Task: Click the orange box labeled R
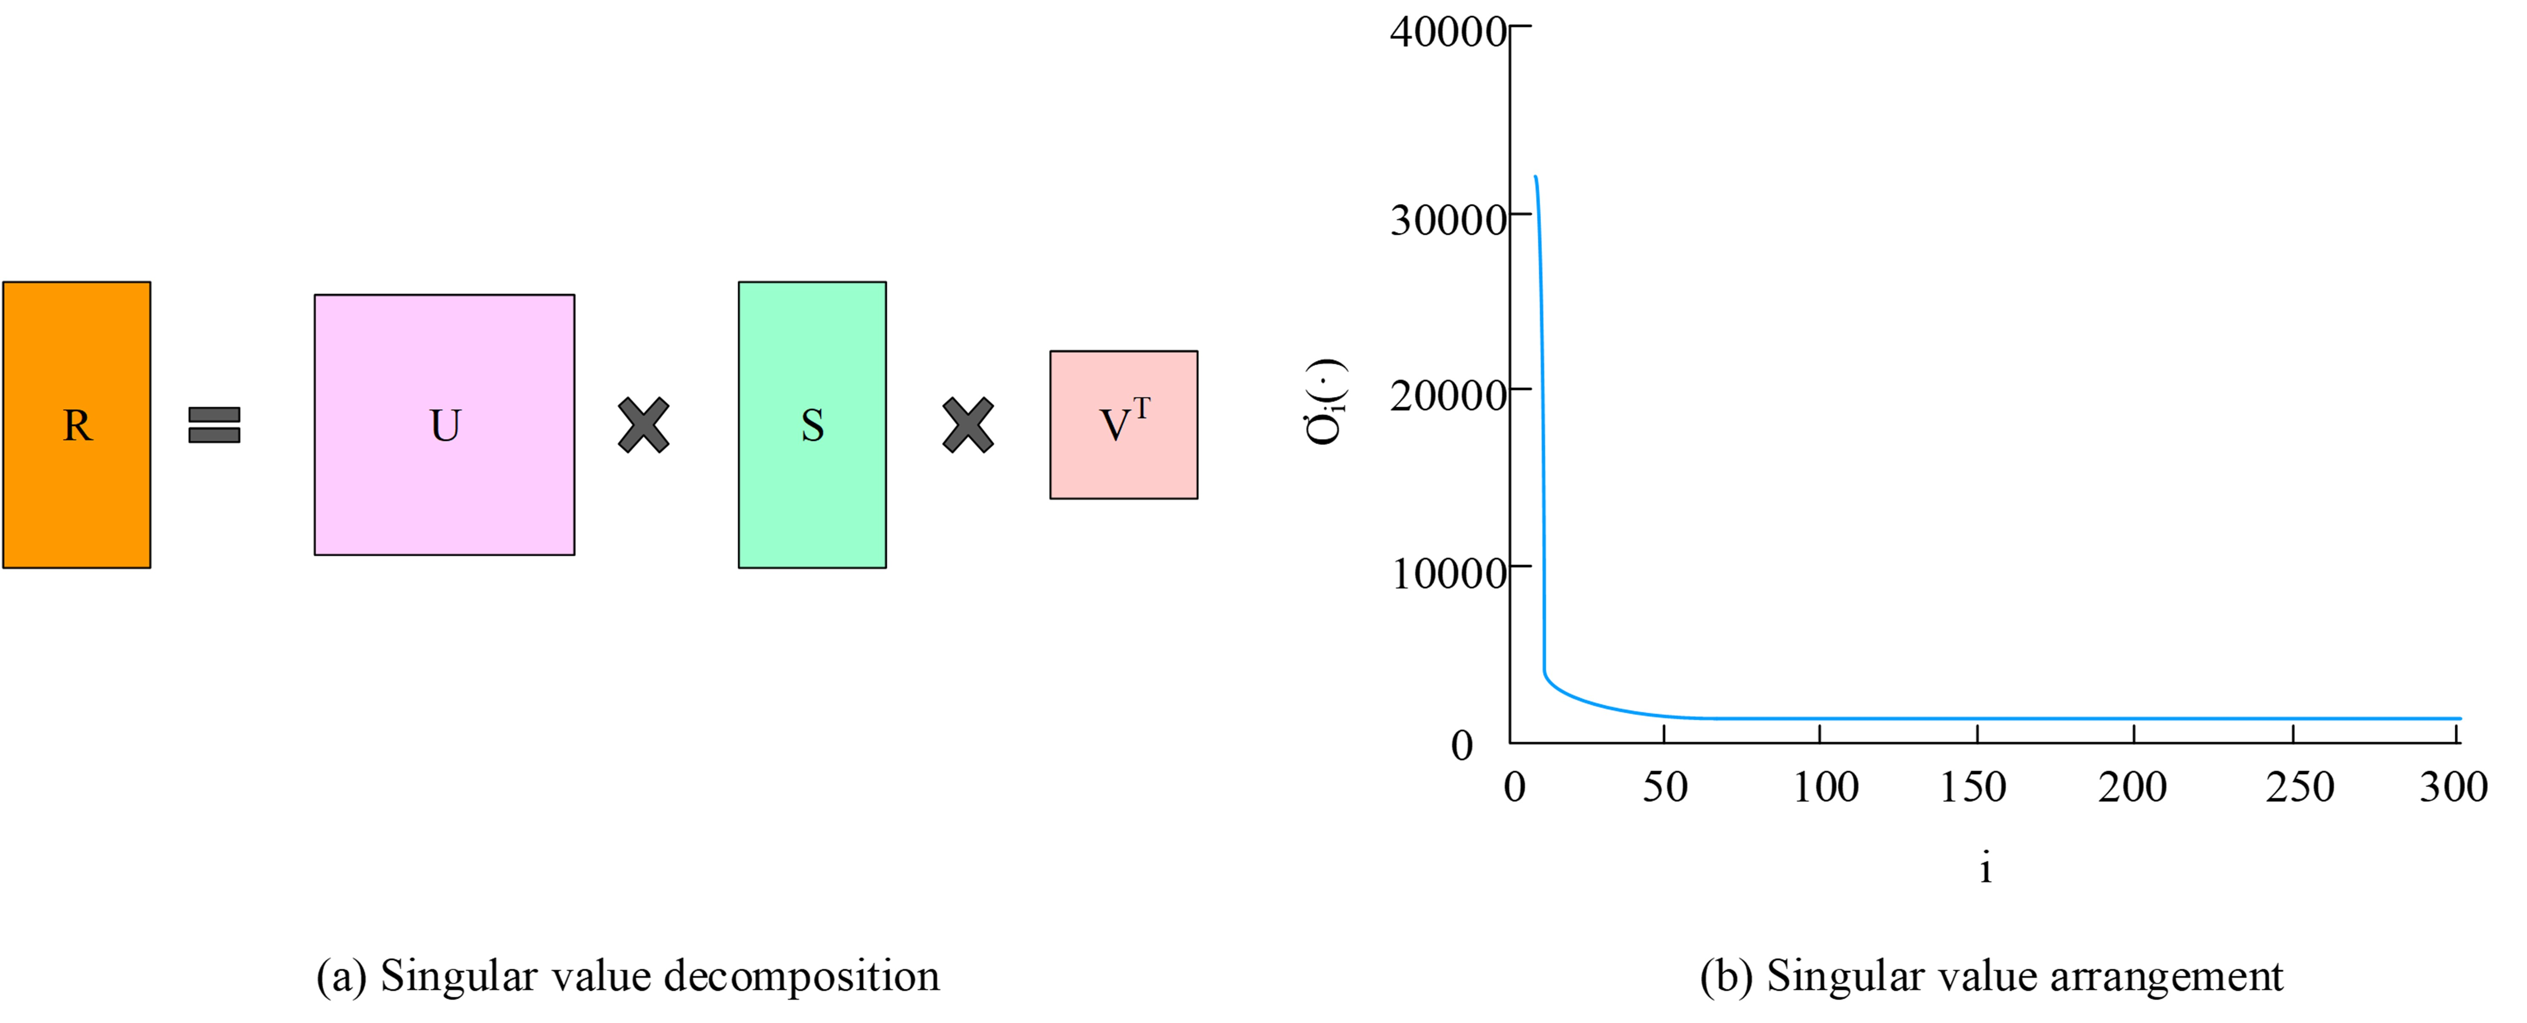(x=76, y=425)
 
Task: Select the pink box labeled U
(x=444, y=425)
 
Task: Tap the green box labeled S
(x=812, y=425)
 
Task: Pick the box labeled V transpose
(x=1123, y=425)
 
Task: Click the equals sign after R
(x=214, y=425)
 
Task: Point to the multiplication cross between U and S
(x=644, y=425)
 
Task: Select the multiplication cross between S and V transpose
(x=968, y=425)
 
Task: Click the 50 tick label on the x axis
(x=1665, y=787)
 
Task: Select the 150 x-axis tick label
(x=1973, y=787)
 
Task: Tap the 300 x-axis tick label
(x=2452, y=787)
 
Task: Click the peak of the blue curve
(x=1535, y=178)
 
